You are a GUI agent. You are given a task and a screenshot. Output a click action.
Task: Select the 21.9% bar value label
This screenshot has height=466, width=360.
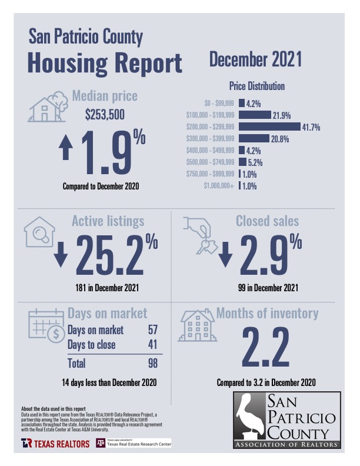[281, 115]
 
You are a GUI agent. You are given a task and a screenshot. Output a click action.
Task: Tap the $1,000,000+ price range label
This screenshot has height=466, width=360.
[218, 186]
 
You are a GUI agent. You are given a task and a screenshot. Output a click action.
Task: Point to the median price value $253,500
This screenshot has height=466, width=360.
[105, 115]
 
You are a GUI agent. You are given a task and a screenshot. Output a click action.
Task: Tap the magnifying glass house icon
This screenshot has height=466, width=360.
[39, 233]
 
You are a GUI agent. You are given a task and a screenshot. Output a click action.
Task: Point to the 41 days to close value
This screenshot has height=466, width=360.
[152, 345]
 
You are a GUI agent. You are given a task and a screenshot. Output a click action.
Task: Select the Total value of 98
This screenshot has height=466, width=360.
[152, 363]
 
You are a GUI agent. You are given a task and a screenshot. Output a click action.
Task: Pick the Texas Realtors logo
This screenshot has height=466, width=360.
[51, 442]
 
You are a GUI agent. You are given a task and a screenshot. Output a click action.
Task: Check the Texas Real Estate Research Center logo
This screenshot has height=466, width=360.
[133, 442]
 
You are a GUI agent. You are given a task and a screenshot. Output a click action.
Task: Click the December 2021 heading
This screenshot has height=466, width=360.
[255, 59]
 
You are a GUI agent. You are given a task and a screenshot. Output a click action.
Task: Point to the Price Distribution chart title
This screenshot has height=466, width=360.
[256, 86]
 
